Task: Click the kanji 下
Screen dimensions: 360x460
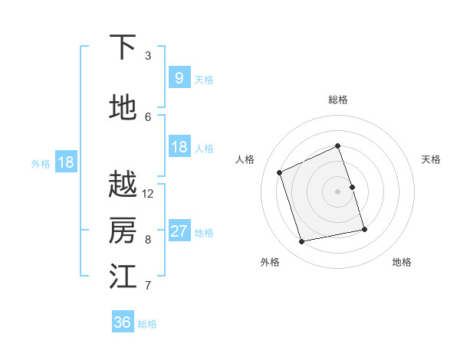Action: (123, 47)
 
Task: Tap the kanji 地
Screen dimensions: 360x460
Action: (123, 108)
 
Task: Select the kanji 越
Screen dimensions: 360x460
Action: (123, 185)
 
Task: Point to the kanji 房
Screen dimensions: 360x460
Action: (123, 230)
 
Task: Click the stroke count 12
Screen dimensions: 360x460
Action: (148, 194)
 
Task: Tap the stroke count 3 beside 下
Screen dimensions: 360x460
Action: (148, 56)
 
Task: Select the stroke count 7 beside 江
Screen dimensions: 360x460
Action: (148, 286)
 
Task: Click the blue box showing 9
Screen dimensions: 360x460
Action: (179, 77)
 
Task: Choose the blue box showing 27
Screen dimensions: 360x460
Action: (179, 231)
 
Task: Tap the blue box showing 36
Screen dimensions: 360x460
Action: (123, 322)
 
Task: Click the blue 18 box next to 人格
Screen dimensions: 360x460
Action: (179, 147)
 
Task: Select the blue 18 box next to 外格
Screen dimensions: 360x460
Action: (66, 162)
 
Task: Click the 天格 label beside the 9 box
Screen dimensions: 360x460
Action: (204, 80)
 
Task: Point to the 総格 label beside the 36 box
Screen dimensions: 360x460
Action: (147, 324)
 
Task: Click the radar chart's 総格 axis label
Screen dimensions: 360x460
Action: (338, 100)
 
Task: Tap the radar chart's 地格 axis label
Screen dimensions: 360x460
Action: (402, 262)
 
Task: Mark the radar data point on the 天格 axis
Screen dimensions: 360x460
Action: (353, 187)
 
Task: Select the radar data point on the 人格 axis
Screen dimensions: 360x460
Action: (280, 172)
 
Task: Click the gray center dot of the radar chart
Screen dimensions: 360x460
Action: (338, 191)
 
